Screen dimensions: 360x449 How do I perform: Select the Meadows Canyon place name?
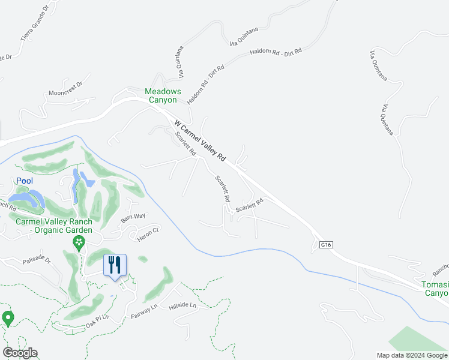pos(163,95)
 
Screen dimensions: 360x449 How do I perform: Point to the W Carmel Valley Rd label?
pos(200,141)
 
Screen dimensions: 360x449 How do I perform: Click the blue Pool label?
pos(25,181)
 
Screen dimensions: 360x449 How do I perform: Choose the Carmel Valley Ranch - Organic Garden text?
pos(54,225)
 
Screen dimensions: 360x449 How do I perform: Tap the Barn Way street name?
pos(133,217)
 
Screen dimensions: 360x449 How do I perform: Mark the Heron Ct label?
pos(147,230)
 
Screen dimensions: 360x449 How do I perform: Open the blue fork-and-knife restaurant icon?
pos(115,264)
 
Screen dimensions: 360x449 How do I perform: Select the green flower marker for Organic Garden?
pos(78,243)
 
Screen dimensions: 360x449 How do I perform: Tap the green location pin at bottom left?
pos(8,319)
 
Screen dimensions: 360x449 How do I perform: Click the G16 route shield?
pos(326,245)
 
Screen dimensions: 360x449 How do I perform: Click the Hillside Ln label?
pos(183,305)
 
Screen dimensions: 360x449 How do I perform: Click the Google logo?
pos(19,353)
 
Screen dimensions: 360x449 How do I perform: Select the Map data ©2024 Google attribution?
pos(412,355)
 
